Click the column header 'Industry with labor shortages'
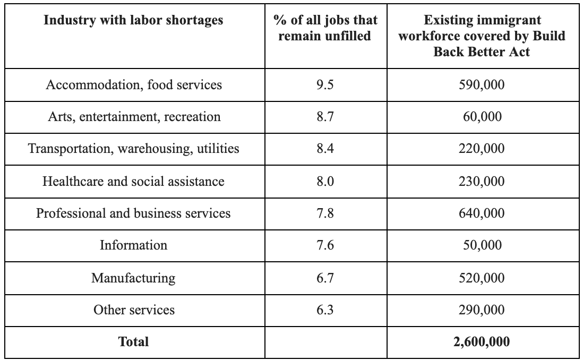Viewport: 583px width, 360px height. pos(133,20)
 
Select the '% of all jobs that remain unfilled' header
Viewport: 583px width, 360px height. pos(325,28)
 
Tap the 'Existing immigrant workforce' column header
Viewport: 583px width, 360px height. pos(482,36)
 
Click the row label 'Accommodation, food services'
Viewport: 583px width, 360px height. pos(134,85)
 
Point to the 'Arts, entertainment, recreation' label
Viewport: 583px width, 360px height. pos(134,117)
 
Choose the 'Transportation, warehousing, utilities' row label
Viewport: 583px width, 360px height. pos(134,149)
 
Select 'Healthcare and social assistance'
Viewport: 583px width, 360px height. pos(133,181)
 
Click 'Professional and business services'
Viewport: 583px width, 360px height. pos(133,213)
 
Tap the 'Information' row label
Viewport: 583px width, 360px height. pos(133,245)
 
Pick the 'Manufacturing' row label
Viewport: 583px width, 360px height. pos(133,278)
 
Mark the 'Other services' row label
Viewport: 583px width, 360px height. pos(134,310)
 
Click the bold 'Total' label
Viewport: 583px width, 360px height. pos(133,342)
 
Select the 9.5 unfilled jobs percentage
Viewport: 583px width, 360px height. pos(325,85)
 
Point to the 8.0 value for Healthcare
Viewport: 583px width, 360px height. pos(325,181)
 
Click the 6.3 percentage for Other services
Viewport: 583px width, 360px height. pos(325,310)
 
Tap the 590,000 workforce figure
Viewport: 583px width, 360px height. pos(482,85)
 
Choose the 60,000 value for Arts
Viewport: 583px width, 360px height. pos(482,117)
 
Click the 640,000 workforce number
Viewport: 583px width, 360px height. pos(482,213)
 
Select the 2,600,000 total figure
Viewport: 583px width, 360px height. pos(482,342)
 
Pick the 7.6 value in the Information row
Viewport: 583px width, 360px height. pos(325,245)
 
